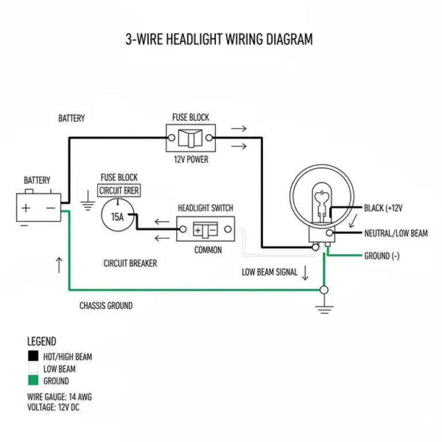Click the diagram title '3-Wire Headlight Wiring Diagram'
click(x=219, y=40)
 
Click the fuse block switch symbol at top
click(x=189, y=139)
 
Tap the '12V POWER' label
click(x=190, y=159)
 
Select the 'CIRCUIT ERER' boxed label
click(x=119, y=190)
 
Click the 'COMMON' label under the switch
click(x=208, y=250)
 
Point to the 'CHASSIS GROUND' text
click(x=106, y=306)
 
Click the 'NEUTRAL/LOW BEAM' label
click(x=396, y=233)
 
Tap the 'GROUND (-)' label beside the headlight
click(x=382, y=256)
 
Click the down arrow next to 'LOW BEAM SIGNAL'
click(x=305, y=272)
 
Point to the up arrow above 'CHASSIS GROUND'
click(x=59, y=265)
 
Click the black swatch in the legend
click(x=33, y=356)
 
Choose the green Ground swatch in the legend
click(x=33, y=380)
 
